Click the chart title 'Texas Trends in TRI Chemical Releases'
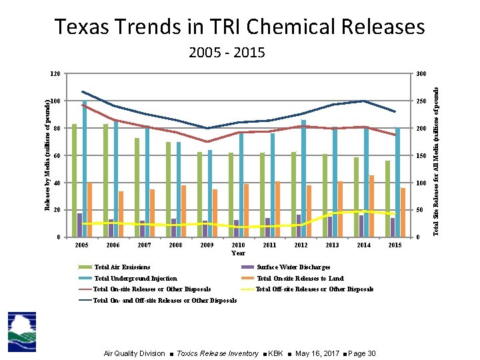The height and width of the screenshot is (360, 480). (239, 27)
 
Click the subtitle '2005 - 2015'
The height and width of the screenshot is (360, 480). (227, 53)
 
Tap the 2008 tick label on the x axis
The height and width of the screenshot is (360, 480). (175, 245)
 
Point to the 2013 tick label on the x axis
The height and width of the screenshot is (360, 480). (332, 245)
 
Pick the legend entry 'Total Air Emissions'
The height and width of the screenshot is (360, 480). (122, 267)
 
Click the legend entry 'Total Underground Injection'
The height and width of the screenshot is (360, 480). (135, 279)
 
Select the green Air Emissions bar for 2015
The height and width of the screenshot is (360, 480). (387, 199)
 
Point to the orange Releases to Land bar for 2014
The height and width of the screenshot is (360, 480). (371, 206)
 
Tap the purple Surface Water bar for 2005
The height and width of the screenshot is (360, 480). (79, 225)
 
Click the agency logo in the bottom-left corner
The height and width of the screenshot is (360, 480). (22, 331)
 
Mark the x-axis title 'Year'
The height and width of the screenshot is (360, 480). (238, 253)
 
